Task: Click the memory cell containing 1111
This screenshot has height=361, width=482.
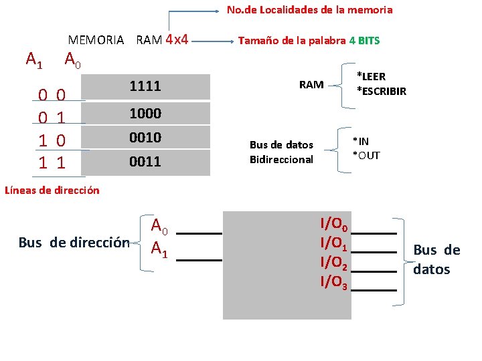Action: click(145, 86)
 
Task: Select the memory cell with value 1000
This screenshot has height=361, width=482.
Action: click(145, 114)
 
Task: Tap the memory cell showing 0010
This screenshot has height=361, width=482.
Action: click(145, 138)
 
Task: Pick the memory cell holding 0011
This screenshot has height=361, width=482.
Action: click(145, 162)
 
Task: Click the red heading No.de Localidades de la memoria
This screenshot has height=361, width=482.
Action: click(309, 10)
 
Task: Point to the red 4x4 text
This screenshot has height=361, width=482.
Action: click(176, 39)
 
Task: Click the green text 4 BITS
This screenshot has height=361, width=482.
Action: click(364, 40)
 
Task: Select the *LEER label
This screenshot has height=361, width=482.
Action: click(371, 77)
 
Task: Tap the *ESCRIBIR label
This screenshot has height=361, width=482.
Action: click(381, 91)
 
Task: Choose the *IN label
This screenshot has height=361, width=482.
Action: click(361, 141)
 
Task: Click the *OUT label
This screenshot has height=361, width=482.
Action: click(366, 155)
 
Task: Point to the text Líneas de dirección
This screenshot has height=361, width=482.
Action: click(52, 190)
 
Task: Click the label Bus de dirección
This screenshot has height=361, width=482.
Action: click(74, 243)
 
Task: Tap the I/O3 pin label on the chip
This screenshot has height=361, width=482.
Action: click(333, 282)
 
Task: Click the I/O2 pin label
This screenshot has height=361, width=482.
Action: click(333, 262)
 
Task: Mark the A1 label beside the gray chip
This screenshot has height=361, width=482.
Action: click(159, 249)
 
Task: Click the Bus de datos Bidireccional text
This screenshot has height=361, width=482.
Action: click(281, 152)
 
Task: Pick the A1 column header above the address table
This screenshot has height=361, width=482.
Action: click(34, 60)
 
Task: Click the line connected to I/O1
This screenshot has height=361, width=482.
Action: click(373, 251)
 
